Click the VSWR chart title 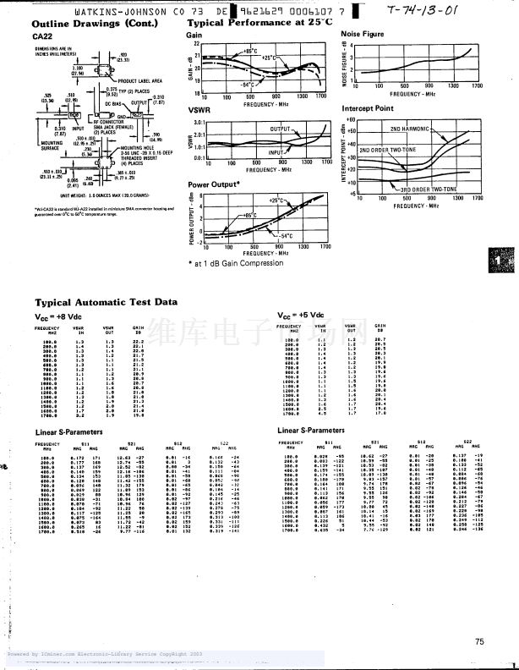click(199, 110)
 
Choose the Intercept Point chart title click(368, 108)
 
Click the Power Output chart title click(214, 184)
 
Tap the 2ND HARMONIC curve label click(411, 129)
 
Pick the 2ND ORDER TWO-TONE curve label click(387, 150)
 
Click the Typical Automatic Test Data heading click(106, 301)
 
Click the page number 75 click(480, 642)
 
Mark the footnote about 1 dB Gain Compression click(236, 263)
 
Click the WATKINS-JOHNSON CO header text click(123, 12)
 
